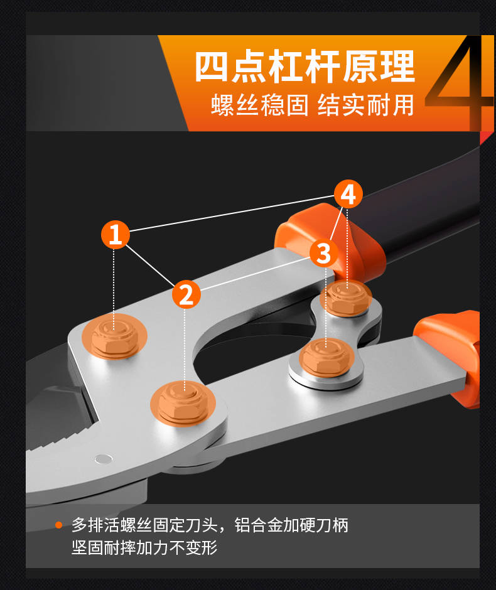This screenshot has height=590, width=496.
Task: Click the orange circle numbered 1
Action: point(115,234)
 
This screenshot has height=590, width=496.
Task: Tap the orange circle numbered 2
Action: point(186,294)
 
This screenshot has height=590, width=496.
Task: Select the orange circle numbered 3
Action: point(324,253)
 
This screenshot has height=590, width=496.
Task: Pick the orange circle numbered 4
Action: point(348,194)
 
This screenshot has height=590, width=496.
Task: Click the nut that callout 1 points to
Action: point(114,336)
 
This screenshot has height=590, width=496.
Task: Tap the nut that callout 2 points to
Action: point(183,403)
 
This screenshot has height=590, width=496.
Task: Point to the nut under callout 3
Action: point(326,358)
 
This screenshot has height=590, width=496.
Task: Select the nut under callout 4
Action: point(346,298)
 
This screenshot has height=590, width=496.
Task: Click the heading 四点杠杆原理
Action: point(305,67)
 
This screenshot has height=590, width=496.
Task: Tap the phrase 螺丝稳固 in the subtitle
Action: point(259,105)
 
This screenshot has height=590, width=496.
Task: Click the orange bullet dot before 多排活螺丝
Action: point(59,525)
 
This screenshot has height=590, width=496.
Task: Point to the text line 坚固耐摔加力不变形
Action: point(144,548)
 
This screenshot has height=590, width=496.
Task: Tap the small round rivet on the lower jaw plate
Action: point(104,459)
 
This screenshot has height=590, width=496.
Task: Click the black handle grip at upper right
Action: point(421,211)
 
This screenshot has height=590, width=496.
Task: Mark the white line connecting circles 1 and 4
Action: point(232,214)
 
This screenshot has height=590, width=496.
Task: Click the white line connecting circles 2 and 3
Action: point(255,274)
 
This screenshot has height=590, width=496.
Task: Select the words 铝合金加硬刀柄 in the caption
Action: point(292,525)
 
